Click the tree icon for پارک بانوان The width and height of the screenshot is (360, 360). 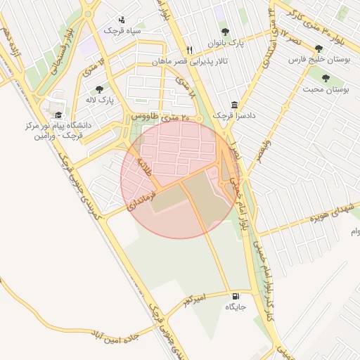pos(225,32)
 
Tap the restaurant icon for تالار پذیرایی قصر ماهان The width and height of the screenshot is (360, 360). pos(189,51)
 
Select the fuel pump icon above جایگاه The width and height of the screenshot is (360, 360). pos(235,296)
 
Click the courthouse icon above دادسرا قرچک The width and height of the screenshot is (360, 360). pos(234,104)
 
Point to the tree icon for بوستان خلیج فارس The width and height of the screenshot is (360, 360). pos(319,49)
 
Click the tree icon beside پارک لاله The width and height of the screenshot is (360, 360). pos(98,89)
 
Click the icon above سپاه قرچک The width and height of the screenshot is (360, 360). pos(122,20)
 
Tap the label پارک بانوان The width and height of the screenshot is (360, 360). pos(225,44)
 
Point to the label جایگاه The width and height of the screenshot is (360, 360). pos(235,307)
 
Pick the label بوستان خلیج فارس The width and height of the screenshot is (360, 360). pos(319,60)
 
